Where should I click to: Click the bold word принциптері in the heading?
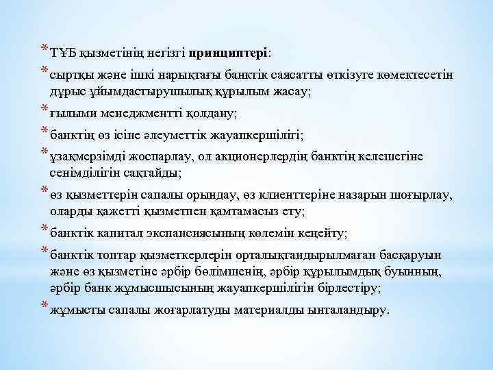[x=229, y=52]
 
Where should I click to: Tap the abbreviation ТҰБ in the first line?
[x=63, y=52]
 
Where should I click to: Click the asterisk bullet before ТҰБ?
[x=45, y=49]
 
